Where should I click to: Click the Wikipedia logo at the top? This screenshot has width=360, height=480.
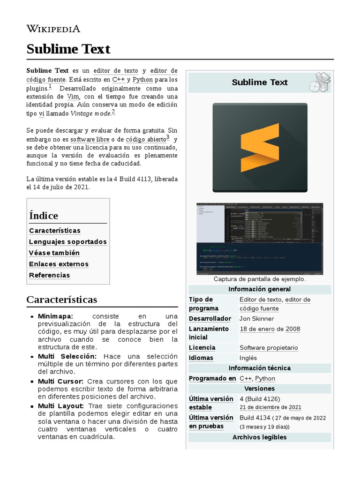pyautogui.click(x=53, y=29)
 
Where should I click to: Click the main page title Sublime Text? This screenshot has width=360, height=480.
pyautogui.click(x=68, y=49)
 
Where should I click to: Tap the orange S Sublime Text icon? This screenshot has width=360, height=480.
pyautogui.click(x=260, y=148)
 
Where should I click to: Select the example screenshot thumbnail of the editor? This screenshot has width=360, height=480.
pyautogui.click(x=260, y=239)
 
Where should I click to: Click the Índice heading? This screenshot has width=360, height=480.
pyautogui.click(x=44, y=216)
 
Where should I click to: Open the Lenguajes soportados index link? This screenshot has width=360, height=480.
pyautogui.click(x=67, y=242)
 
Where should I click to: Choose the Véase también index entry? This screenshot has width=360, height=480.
pyautogui.click(x=54, y=253)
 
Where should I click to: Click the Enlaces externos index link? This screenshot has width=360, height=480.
pyautogui.click(x=59, y=264)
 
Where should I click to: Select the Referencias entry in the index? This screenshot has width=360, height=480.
pyautogui.click(x=49, y=276)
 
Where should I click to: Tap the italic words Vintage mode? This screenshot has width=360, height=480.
pyautogui.click(x=90, y=113)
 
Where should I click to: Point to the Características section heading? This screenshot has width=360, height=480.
pyautogui.click(x=61, y=300)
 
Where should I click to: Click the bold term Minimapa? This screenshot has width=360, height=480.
pyautogui.click(x=55, y=316)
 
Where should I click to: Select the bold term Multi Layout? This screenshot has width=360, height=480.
pyautogui.click(x=61, y=405)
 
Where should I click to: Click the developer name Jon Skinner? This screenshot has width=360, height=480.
pyautogui.click(x=256, y=319)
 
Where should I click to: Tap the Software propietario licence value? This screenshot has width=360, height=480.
pyautogui.click(x=268, y=348)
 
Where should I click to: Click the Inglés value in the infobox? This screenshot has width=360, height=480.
pyautogui.click(x=248, y=358)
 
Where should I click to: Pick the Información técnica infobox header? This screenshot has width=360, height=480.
pyautogui.click(x=259, y=368)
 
